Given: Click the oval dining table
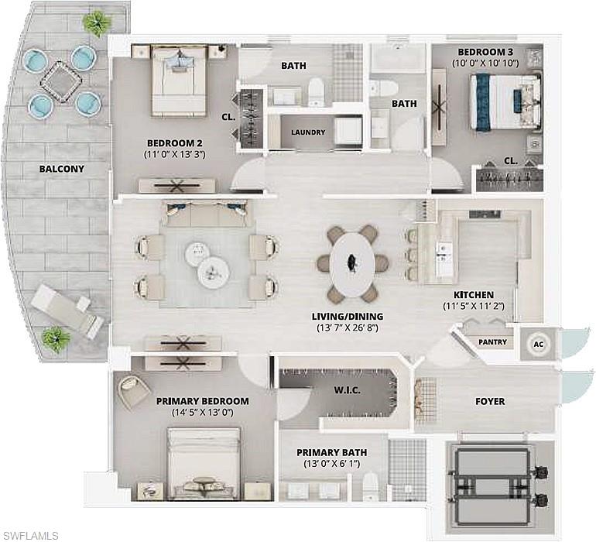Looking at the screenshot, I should (352, 263).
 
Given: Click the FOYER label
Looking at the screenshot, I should (489, 402).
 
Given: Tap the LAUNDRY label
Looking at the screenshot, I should (308, 132).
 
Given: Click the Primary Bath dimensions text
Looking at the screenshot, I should (331, 465).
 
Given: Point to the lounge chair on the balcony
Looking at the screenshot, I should (67, 309).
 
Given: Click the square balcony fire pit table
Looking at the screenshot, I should (62, 81).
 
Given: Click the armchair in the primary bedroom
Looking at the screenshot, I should (134, 389).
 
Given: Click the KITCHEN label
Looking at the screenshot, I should (473, 295).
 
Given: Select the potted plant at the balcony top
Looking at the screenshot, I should (98, 23).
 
